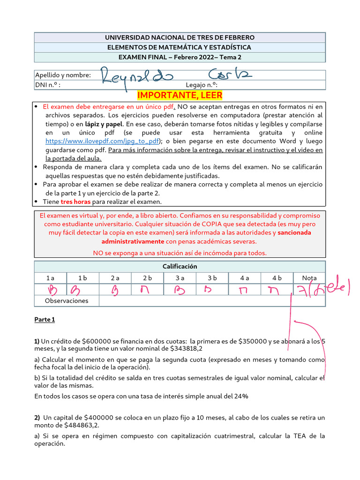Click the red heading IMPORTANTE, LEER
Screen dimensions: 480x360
(180, 96)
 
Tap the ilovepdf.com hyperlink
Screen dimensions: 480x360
(103, 141)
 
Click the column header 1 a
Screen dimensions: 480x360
(51, 278)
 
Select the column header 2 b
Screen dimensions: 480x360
(148, 278)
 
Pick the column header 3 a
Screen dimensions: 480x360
(180, 278)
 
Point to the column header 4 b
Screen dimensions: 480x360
(277, 278)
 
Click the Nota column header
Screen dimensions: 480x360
(309, 278)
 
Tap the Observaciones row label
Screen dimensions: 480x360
(67, 301)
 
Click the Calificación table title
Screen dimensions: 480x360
(180, 266)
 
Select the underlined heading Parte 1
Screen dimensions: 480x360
(45, 320)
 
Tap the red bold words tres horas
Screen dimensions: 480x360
(75, 202)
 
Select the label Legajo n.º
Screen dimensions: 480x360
(202, 85)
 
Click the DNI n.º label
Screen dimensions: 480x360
(48, 85)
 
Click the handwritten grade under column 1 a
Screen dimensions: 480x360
(51, 290)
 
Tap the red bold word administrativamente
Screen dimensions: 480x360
(133, 241)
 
